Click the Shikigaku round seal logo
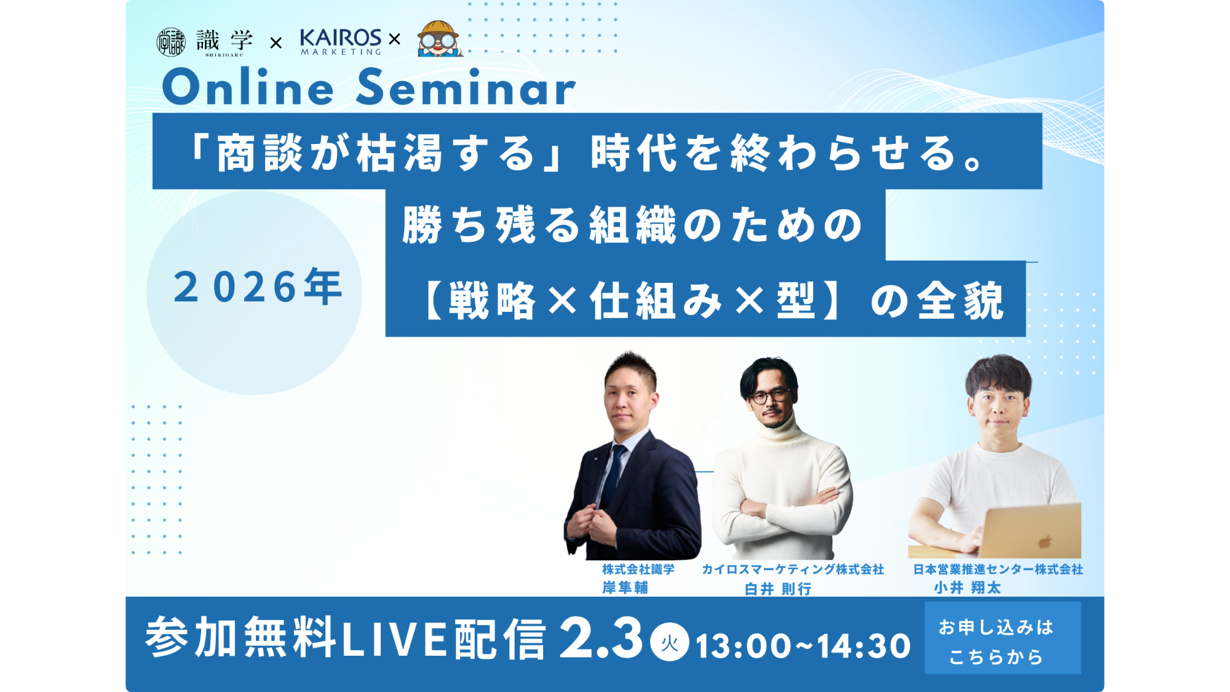[x=171, y=42]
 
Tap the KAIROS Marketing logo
[x=341, y=42]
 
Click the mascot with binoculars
[x=439, y=39]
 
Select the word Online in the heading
[x=248, y=87]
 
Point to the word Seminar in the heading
[x=466, y=87]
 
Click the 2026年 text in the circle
[x=257, y=287]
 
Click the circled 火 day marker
[x=670, y=642]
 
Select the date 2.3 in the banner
[x=601, y=638]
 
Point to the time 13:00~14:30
[x=803, y=646]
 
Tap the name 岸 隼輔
[x=625, y=588]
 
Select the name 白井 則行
[x=778, y=589]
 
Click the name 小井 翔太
[x=967, y=588]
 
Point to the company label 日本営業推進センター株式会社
[x=998, y=570]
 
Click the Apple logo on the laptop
[x=1045, y=541]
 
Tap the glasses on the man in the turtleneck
[x=769, y=396]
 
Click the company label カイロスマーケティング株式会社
[x=793, y=570]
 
